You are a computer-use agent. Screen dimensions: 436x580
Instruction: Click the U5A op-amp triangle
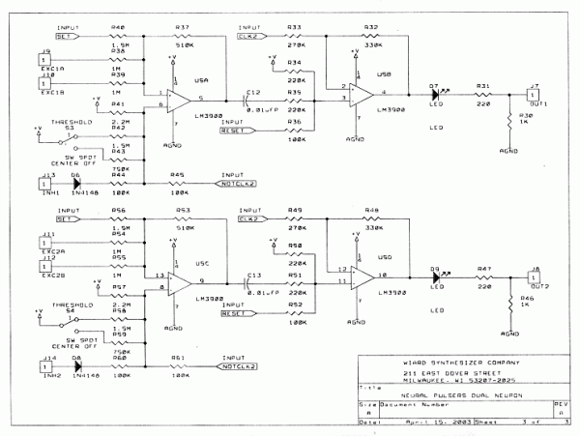point(178,98)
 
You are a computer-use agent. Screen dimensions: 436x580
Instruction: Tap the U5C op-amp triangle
point(178,281)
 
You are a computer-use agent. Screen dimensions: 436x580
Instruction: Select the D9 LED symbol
point(434,276)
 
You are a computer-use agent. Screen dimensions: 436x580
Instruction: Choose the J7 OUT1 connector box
point(531,94)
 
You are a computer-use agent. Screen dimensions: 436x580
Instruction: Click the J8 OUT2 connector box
point(531,277)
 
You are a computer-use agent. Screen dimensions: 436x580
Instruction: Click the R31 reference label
point(480,85)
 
